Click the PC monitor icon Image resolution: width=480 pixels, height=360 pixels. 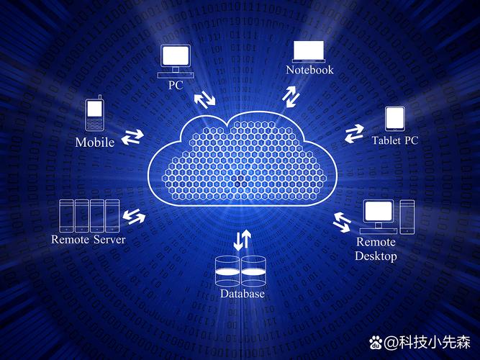pyautogui.click(x=176, y=61)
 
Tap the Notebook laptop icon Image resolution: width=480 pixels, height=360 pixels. pyautogui.click(x=309, y=52)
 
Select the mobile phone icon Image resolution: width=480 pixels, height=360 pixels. pyautogui.click(x=94, y=113)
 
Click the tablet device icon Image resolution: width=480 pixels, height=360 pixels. pyautogui.click(x=395, y=119)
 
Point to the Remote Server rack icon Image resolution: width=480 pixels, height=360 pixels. pyautogui.click(x=89, y=216)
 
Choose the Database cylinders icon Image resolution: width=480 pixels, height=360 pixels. pyautogui.click(x=240, y=271)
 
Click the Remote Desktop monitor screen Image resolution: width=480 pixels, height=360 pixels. pyautogui.click(x=379, y=211)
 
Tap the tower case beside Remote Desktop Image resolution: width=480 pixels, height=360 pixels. pyautogui.click(x=407, y=217)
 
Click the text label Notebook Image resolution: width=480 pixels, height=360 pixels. pyautogui.click(x=309, y=70)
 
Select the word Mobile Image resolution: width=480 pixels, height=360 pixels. pyautogui.click(x=95, y=142)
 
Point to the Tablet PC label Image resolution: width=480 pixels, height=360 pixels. pyautogui.click(x=395, y=140)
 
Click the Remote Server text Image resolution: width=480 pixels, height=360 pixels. pyautogui.click(x=89, y=239)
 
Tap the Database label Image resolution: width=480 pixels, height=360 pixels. pyautogui.click(x=242, y=294)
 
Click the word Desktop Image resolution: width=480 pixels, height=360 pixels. pyautogui.click(x=376, y=256)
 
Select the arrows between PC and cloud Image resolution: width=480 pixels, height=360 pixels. pyautogui.click(x=204, y=99)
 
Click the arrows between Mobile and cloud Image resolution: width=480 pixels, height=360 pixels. pyautogui.click(x=132, y=137)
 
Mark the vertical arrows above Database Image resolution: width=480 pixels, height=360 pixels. pyautogui.click(x=242, y=240)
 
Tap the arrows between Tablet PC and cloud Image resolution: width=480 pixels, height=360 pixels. pyautogui.click(x=354, y=134)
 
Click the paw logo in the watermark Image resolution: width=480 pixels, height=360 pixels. pyautogui.click(x=376, y=343)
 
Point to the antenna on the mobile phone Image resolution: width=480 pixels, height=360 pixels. pyautogui.click(x=100, y=97)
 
